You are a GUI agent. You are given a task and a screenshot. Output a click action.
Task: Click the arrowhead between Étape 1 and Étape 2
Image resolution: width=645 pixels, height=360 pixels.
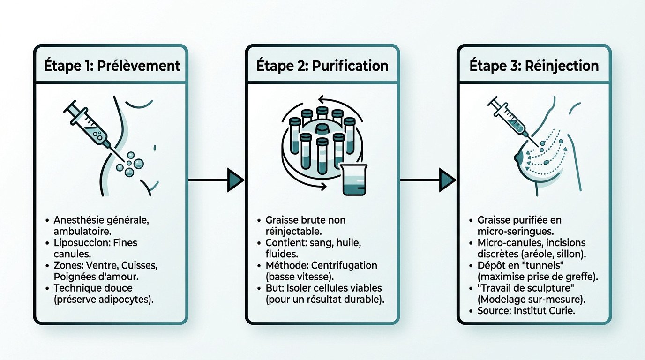235,180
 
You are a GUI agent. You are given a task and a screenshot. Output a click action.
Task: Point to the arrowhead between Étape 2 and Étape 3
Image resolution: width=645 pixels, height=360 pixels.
447,180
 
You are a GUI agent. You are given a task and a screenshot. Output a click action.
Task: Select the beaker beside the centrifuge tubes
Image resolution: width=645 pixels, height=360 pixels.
354,180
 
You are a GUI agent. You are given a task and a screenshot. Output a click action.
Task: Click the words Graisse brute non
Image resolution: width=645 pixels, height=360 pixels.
306,220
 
